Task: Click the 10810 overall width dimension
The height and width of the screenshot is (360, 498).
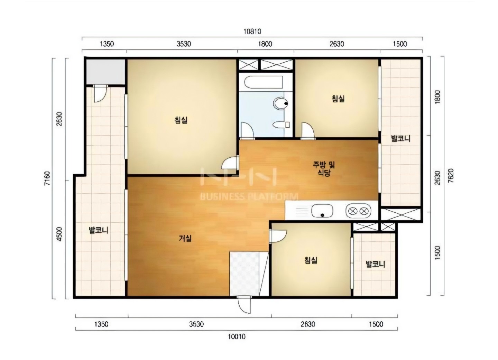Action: tap(252, 31)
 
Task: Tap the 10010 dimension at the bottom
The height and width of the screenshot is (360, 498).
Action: tap(237, 336)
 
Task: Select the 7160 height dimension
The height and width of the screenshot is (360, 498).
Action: tap(47, 178)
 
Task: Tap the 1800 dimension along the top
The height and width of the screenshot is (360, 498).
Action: tap(265, 44)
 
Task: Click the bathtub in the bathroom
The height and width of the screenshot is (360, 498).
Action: tap(264, 82)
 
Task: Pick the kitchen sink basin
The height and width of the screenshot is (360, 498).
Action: tap(322, 211)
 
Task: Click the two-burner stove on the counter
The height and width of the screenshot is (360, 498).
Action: tap(358, 211)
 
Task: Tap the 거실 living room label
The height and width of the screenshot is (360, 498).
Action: tap(185, 238)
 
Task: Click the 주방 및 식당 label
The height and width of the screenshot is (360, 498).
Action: tap(324, 169)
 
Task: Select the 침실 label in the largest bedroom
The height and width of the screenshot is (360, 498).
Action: tap(181, 120)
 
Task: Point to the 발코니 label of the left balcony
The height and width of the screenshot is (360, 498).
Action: tap(99, 230)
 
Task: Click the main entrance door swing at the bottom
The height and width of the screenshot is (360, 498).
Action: tap(244, 305)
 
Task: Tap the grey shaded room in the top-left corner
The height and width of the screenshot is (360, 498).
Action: tap(105, 72)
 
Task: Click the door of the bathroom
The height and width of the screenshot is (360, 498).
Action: tap(247, 131)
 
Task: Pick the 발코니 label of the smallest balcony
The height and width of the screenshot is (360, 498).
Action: tap(376, 265)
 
